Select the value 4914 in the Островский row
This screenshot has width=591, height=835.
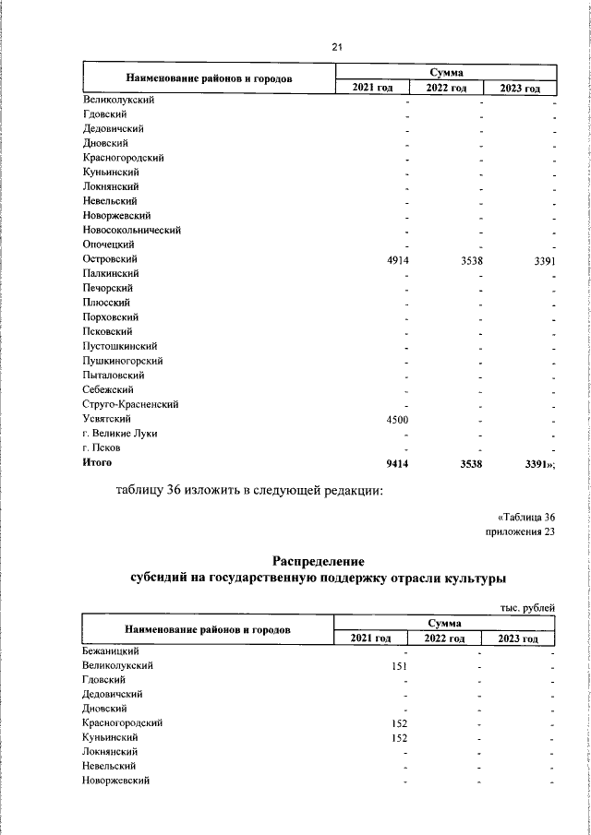397,260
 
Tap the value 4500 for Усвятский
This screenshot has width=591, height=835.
397,420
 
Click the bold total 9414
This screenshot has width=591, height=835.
397,463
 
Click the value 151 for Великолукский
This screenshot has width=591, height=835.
400,665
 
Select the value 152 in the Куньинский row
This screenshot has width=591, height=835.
400,737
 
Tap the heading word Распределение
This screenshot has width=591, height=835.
319,561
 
